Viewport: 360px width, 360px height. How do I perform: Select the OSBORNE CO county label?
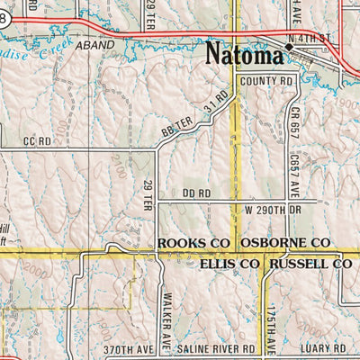(284, 244)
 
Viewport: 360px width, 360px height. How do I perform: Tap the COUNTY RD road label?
(267, 81)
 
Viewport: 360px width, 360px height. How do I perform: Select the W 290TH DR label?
(276, 210)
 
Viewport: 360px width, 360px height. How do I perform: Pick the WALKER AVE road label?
(167, 311)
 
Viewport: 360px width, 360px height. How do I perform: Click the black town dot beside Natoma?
(289, 46)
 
